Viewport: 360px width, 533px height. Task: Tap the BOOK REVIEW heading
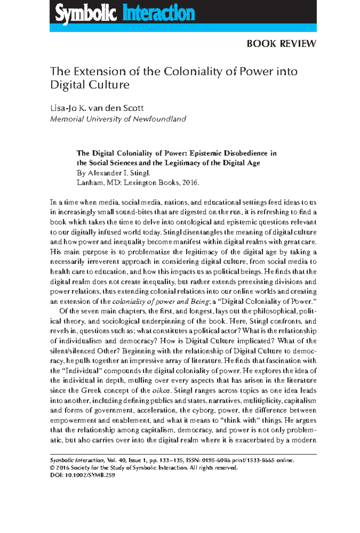(281, 44)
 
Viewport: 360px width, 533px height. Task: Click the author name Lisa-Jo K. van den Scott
(97, 108)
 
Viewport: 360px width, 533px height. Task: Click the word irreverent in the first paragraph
(101, 262)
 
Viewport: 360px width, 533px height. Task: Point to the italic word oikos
(161, 391)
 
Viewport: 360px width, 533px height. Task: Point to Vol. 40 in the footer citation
(116, 460)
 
